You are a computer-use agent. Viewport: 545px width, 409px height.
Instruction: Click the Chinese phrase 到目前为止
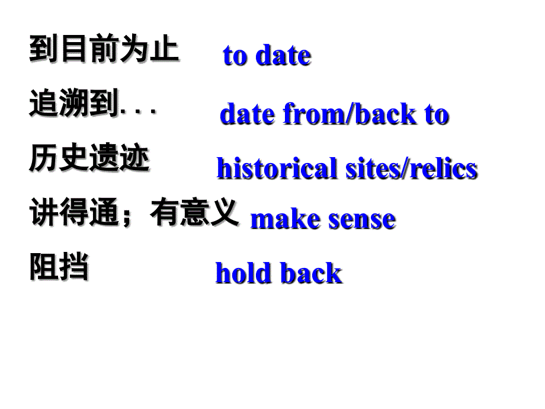pyautogui.click(x=104, y=49)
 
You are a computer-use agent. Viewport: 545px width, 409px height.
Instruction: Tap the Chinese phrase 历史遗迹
pyautogui.click(x=89, y=158)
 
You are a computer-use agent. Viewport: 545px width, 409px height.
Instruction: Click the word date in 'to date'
pyautogui.click(x=283, y=56)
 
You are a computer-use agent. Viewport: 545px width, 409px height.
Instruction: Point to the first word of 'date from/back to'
pyautogui.click(x=248, y=114)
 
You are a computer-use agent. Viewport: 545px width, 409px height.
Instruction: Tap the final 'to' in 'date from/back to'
pyautogui.click(x=436, y=114)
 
